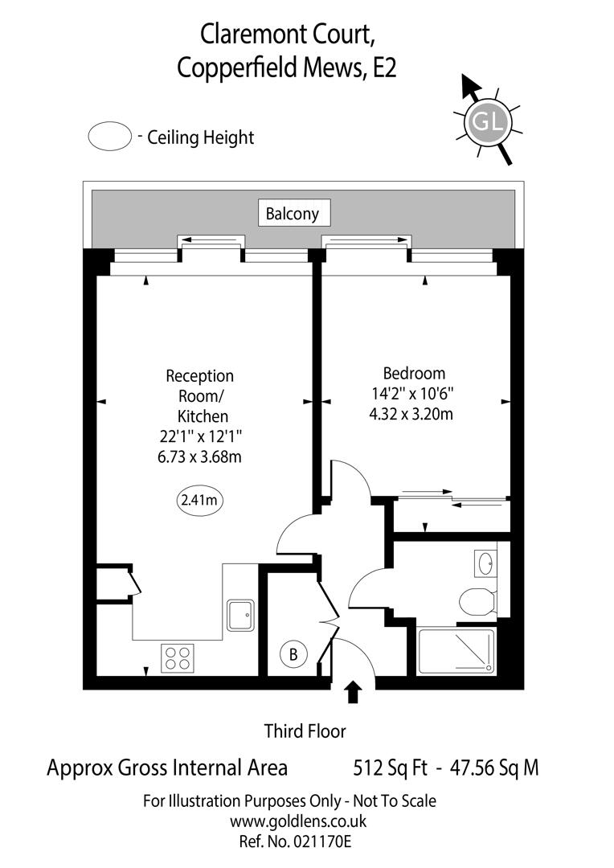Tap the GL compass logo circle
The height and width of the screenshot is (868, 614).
pyautogui.click(x=488, y=122)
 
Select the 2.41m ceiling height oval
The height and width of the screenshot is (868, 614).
pyautogui.click(x=199, y=500)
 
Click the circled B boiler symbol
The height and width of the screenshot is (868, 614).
pyautogui.click(x=293, y=655)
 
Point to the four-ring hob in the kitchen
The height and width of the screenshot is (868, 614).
pyautogui.click(x=178, y=659)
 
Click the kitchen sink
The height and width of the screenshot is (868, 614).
pyautogui.click(x=240, y=616)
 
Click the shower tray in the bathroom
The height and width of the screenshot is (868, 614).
pyautogui.click(x=456, y=650)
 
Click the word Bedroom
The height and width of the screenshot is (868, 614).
pyautogui.click(x=414, y=374)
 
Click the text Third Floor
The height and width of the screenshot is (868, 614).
pyautogui.click(x=305, y=731)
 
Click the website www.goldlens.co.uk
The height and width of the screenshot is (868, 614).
pyautogui.click(x=298, y=821)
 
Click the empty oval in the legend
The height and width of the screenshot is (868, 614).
pyautogui.click(x=109, y=137)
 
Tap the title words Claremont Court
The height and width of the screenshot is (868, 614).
pyautogui.click(x=287, y=35)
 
